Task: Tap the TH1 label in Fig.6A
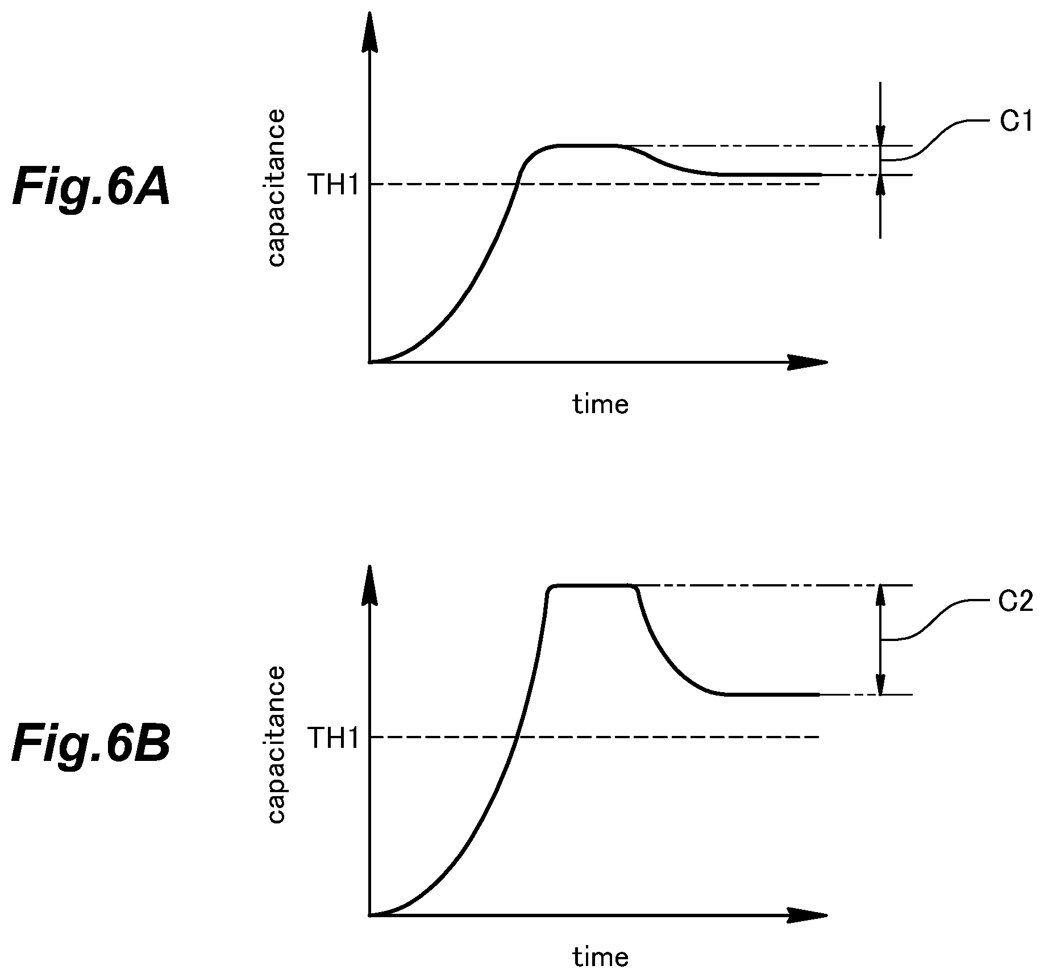tap(334, 185)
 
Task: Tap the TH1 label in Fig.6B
tap(334, 738)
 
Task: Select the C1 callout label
tap(1016, 122)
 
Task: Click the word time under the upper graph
tap(601, 404)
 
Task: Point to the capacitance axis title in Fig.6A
tap(276, 189)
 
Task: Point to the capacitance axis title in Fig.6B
tap(276, 744)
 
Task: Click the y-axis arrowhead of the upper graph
tap(370, 31)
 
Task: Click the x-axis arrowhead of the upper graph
tap(807, 362)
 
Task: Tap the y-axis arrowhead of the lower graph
tap(370, 586)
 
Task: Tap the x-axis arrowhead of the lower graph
tap(807, 915)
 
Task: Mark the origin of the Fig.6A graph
tap(370, 362)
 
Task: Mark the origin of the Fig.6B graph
tap(370, 915)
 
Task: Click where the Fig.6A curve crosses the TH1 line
tap(517, 184)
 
